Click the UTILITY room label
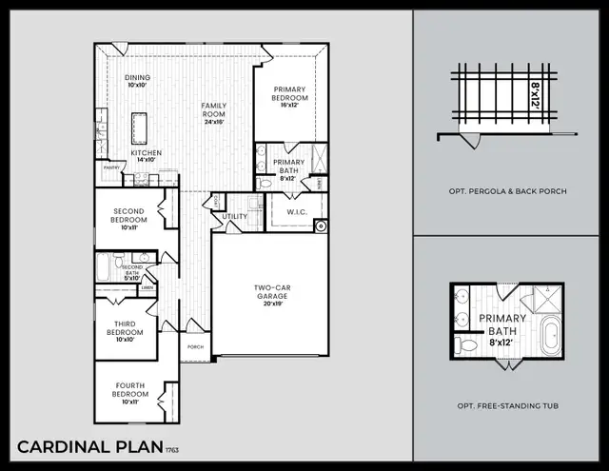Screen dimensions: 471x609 coord(235,217)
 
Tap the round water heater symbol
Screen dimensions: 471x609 coord(321,226)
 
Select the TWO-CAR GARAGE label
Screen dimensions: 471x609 coord(270,291)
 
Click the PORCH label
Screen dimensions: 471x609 coord(195,347)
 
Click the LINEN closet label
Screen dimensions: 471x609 coord(147,287)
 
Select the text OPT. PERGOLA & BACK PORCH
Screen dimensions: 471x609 coord(508,191)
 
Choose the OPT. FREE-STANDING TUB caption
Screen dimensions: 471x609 coord(508,406)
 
